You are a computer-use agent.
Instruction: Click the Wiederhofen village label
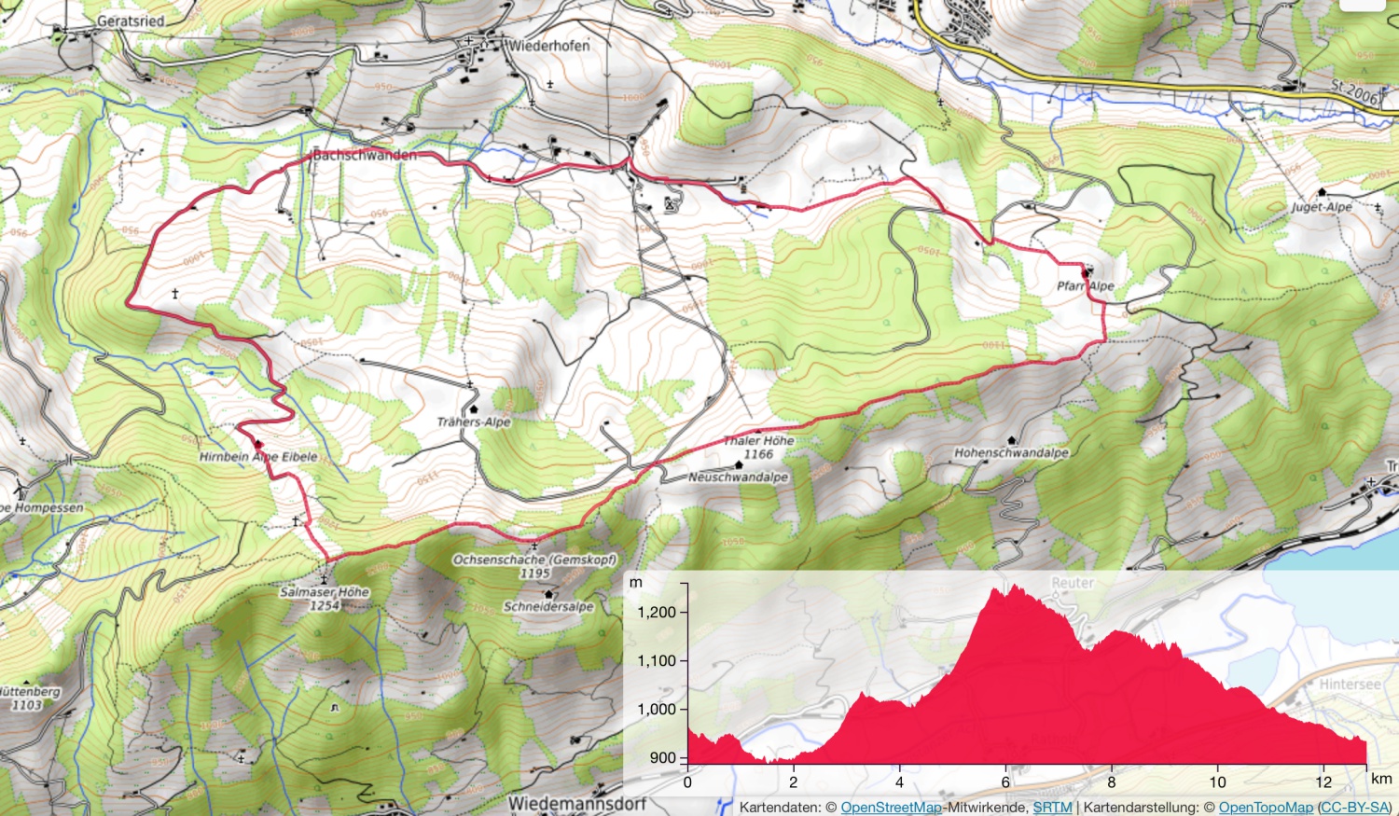click(x=549, y=45)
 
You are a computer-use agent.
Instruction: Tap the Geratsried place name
click(x=131, y=21)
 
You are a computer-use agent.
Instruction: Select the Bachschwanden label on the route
click(x=365, y=155)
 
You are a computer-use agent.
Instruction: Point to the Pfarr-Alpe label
click(x=1086, y=286)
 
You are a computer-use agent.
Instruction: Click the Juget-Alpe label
click(x=1322, y=207)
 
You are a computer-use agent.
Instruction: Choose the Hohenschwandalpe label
click(x=1011, y=452)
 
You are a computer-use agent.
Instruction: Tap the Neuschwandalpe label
click(x=738, y=477)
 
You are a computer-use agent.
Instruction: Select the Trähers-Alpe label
click(x=474, y=422)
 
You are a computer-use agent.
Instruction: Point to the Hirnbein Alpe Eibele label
click(x=258, y=457)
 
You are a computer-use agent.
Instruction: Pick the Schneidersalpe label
click(x=548, y=606)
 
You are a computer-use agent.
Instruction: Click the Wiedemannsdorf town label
click(x=576, y=804)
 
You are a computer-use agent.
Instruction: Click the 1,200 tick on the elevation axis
click(x=657, y=613)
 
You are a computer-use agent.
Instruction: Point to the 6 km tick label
click(x=1005, y=782)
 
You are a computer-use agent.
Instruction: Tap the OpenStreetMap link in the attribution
click(x=891, y=808)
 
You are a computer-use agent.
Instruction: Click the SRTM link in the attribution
click(x=1052, y=808)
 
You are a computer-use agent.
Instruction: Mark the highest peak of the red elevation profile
click(x=1011, y=587)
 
